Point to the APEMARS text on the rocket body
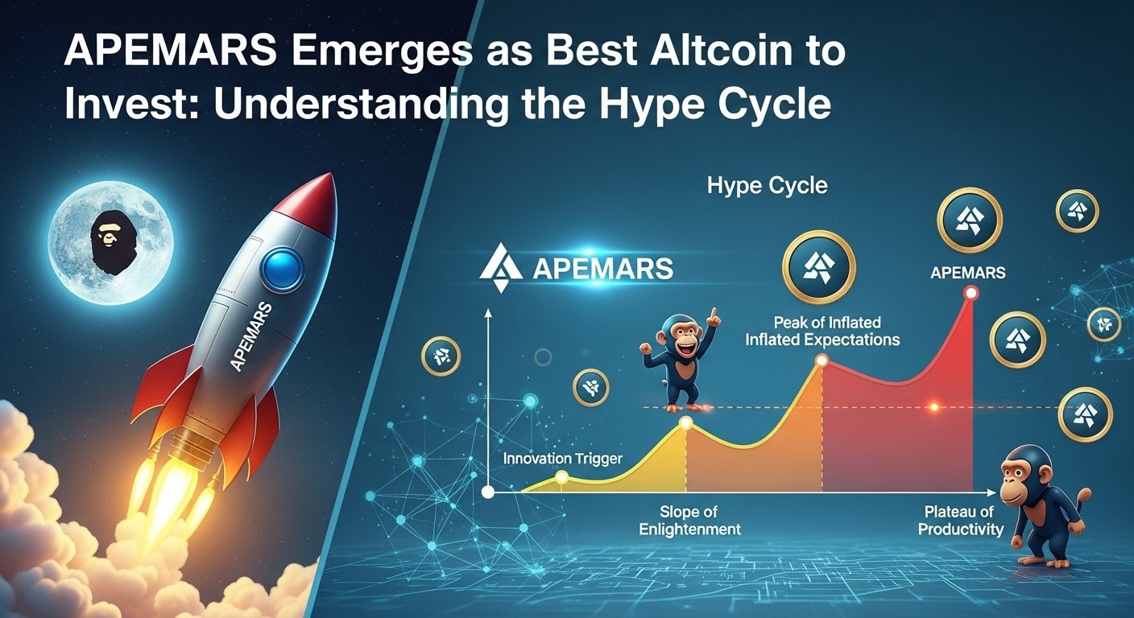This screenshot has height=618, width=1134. click(x=250, y=337)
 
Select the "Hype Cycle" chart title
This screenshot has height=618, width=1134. click(x=767, y=186)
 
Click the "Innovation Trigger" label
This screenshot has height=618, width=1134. click(x=561, y=459)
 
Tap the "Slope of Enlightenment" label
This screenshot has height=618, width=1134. click(x=689, y=521)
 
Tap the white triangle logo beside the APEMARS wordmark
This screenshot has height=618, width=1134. click(x=501, y=268)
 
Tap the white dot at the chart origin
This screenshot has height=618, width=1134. click(x=487, y=492)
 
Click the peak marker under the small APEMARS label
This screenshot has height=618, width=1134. click(x=971, y=294)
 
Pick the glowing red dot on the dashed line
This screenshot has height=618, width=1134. click(x=934, y=408)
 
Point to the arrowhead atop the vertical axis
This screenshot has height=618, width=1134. click(x=487, y=315)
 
